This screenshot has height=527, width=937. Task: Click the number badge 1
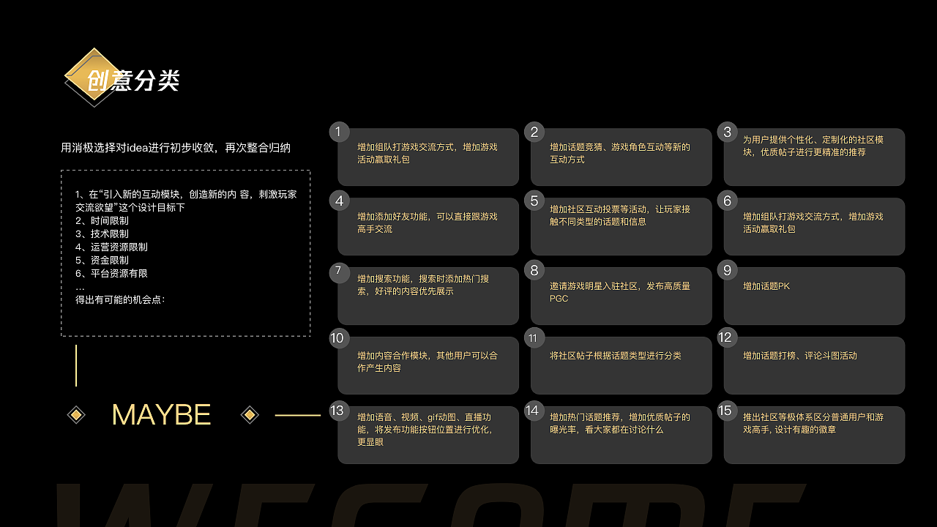pos(339,132)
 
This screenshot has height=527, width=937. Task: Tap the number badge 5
pos(534,201)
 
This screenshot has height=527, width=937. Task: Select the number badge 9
pos(728,270)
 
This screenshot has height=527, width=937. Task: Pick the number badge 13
pos(337,411)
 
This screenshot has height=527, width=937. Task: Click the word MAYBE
pos(162,415)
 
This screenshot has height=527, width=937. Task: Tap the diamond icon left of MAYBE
pos(76,415)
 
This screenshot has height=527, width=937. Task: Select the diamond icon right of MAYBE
pos(250,415)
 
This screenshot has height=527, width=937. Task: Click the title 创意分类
pos(133,81)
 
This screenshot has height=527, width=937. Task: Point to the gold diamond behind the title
pos(93,75)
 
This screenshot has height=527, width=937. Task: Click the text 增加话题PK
pos(766,286)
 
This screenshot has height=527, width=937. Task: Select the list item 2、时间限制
pos(102,220)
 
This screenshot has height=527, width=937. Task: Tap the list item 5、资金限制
pos(102,260)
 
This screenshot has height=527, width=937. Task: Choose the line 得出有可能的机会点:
pos(120,299)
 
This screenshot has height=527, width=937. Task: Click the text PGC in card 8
pos(559,299)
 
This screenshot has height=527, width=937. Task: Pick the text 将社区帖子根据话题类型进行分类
pos(616,356)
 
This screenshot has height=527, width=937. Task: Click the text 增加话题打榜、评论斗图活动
pos(800,356)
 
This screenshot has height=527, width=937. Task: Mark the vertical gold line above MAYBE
pos(76,365)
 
